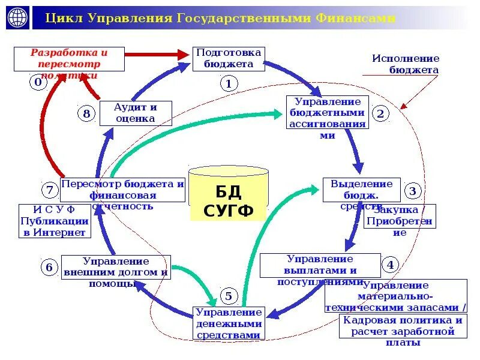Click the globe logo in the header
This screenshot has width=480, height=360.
pos(17,18)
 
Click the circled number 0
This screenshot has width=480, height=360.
pos(38,83)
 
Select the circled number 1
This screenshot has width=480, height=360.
pos(229,83)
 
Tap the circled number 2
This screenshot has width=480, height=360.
pos(381,113)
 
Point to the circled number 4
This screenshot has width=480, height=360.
pos(391,265)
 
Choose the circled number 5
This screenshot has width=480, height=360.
pos(229,295)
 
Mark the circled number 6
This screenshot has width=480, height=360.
pos(49,267)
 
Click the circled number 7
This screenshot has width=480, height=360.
pos(49,191)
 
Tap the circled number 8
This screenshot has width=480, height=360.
pos(87,113)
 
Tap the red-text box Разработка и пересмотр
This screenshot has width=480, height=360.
pos(70,59)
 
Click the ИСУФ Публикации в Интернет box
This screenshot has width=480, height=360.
pos(54,220)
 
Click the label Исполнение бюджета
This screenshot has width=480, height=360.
pos(406,64)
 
